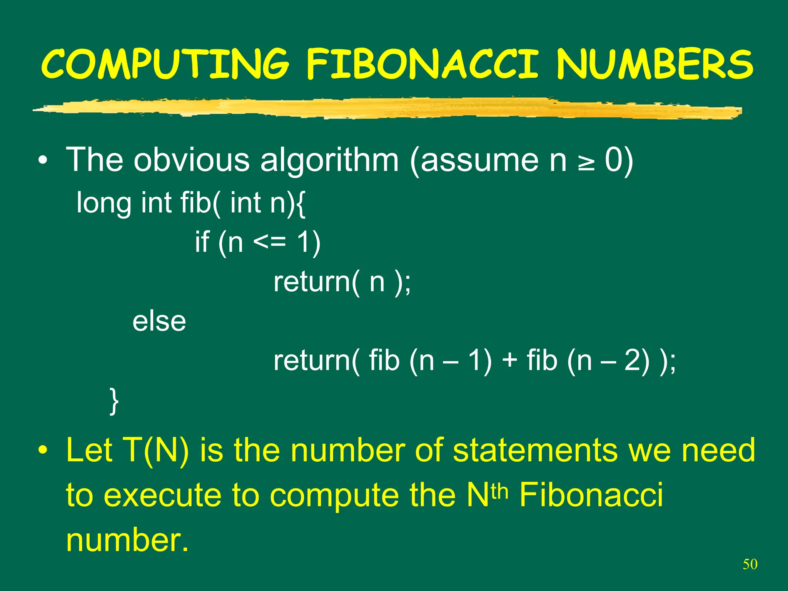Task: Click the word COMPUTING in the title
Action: coord(165,64)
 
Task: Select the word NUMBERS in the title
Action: coord(654,64)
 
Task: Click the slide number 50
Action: coord(750,564)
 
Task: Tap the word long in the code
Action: coord(104,203)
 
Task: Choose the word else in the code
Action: coord(159,321)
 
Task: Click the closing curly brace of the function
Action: coord(114,401)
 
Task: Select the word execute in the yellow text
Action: coord(163,495)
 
